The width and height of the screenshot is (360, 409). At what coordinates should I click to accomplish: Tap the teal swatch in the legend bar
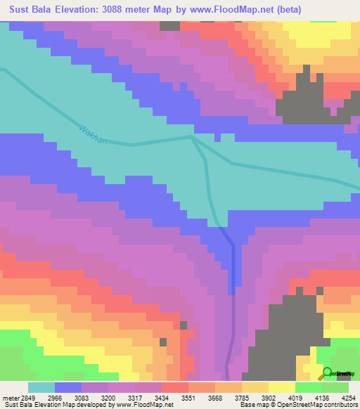pyautogui.click(x=41, y=388)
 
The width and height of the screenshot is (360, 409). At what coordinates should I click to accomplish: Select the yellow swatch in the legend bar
pyautogui.click(x=282, y=388)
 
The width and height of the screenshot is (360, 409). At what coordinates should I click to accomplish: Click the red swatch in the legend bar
pyautogui.click(x=175, y=388)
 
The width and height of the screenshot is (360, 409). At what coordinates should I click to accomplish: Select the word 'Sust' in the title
pyautogui.click(x=20, y=11)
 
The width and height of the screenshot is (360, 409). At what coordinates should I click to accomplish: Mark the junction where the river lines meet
pyautogui.click(x=193, y=138)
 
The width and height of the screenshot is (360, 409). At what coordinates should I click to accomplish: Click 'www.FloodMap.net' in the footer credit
pyautogui.click(x=146, y=404)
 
